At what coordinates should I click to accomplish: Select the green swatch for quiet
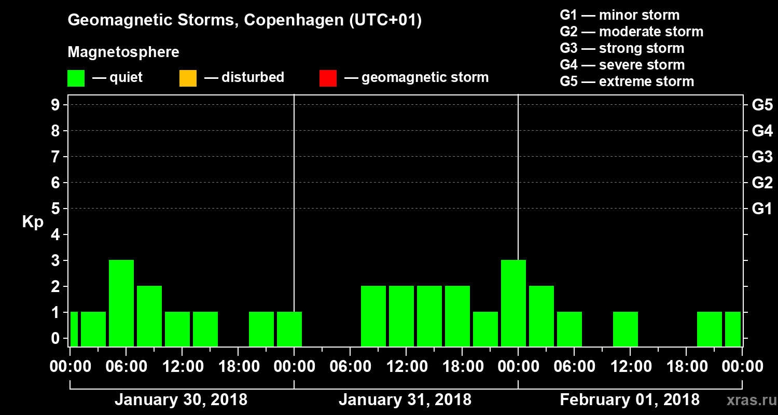(x=76, y=78)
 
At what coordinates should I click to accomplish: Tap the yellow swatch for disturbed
(x=188, y=78)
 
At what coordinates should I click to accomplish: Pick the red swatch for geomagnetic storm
(x=328, y=78)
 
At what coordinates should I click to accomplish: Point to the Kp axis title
(x=32, y=222)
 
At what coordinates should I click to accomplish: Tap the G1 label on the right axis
(x=762, y=209)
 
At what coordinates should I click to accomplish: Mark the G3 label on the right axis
(x=762, y=157)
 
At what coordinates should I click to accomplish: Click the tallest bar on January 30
(x=121, y=303)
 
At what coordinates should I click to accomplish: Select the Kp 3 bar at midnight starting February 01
(x=513, y=303)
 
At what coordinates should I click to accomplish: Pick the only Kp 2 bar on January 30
(x=149, y=316)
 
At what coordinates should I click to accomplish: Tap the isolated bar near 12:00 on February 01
(x=626, y=329)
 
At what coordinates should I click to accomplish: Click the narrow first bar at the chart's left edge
(x=74, y=329)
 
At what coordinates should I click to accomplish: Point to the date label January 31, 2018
(x=405, y=400)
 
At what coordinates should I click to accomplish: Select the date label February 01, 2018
(x=630, y=400)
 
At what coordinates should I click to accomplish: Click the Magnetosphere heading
(x=123, y=52)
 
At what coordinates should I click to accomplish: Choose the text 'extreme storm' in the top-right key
(x=646, y=81)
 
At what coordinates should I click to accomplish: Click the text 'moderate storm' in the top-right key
(x=651, y=32)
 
